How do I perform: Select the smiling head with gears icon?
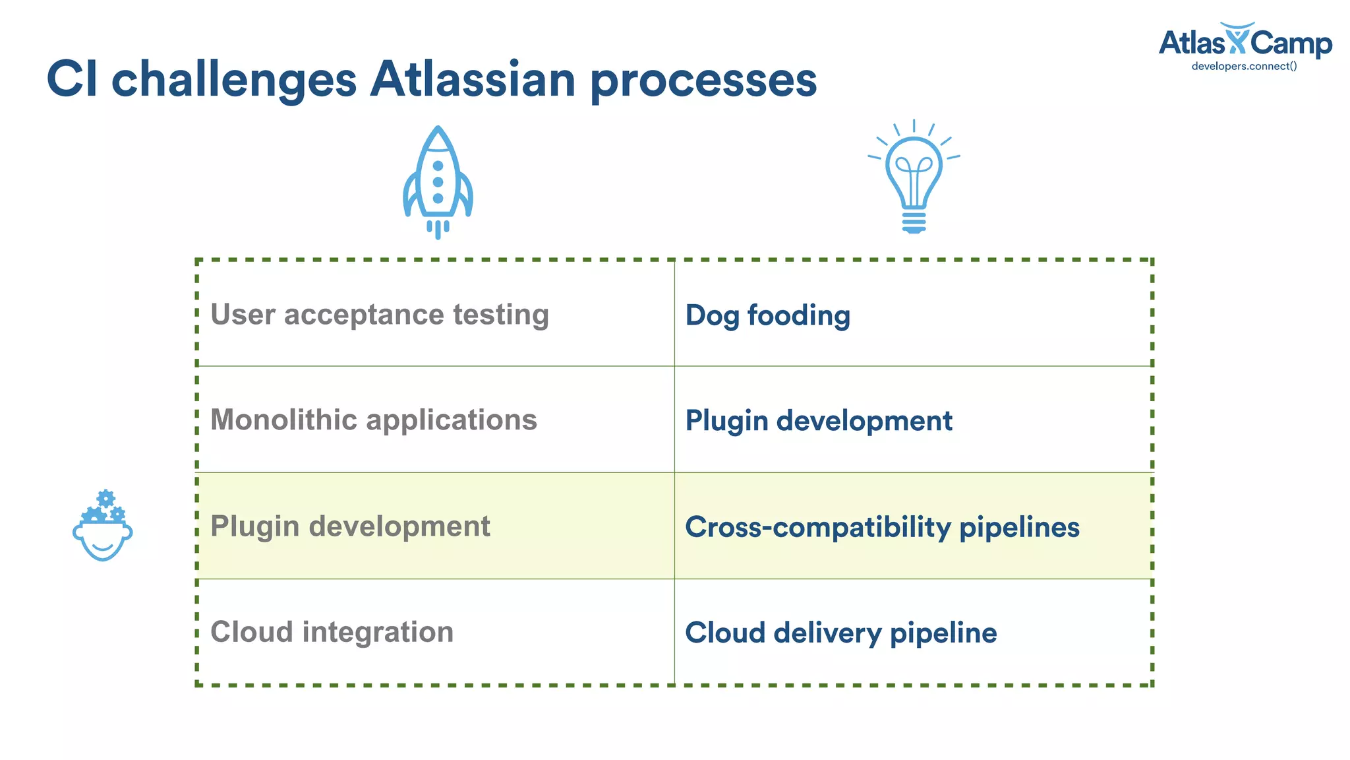(102, 528)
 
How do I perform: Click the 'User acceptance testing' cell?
(380, 315)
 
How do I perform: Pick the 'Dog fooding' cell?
(768, 315)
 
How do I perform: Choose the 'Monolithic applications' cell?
(374, 420)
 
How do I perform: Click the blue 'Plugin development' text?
(819, 421)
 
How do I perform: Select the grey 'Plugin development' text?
(350, 526)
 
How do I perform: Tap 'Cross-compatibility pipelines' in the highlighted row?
(882, 527)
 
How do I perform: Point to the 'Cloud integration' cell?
(332, 632)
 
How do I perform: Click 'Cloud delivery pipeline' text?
(840, 633)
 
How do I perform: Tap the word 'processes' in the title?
(703, 80)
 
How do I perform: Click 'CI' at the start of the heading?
(72, 79)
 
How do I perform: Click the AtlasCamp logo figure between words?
(1237, 38)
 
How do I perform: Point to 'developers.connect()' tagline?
(1244, 66)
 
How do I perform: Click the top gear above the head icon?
(105, 498)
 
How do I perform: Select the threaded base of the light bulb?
(914, 221)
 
